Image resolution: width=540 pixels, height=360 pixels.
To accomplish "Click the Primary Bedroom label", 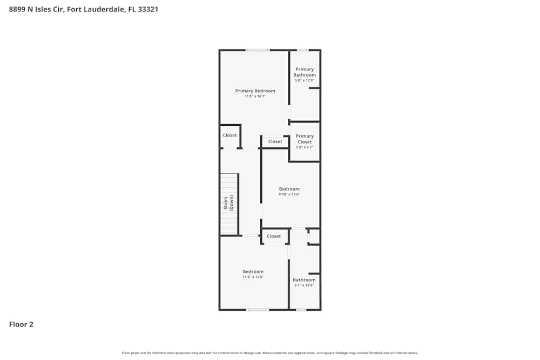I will (255, 91).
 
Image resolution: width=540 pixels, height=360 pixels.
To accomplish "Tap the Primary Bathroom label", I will (305, 72).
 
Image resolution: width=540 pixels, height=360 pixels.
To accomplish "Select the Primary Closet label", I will (305, 139).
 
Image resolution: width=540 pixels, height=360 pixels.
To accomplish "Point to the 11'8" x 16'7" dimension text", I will (255, 96).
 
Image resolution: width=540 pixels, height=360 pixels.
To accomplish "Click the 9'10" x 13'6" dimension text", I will (289, 194).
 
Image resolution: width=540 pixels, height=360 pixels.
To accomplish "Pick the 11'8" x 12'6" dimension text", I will (253, 277).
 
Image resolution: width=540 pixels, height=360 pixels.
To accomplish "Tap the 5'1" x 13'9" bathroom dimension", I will (304, 286).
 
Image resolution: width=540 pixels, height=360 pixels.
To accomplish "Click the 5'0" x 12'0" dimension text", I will (305, 80).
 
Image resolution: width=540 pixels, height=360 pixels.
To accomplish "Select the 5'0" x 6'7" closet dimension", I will (305, 147).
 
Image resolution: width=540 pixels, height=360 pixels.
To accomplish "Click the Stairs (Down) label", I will (228, 203).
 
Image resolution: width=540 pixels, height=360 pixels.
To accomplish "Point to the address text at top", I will (84, 9).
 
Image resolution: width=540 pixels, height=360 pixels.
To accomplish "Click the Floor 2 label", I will (21, 324).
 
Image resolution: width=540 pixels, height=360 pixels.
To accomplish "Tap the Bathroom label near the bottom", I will (304, 280).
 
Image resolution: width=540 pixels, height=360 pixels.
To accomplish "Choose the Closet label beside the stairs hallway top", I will (230, 135).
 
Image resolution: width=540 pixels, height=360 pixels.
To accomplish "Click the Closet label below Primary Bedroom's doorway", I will (275, 142).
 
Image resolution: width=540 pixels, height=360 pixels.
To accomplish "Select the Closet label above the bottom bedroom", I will (274, 236).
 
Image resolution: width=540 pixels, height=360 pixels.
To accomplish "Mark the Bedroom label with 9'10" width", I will (289, 189).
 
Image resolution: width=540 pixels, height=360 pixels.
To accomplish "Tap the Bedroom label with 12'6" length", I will (253, 271).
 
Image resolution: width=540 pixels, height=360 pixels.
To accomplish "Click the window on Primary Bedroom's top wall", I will (258, 50).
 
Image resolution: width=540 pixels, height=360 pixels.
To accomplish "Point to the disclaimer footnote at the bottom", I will (270, 353).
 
